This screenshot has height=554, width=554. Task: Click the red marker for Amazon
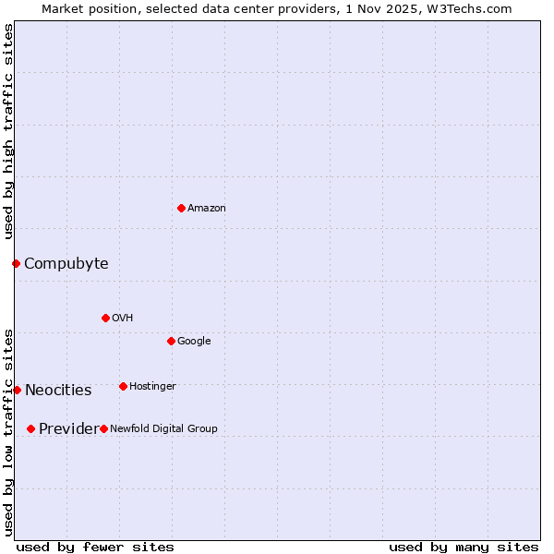point(181,208)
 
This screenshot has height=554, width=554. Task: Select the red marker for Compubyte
point(16,263)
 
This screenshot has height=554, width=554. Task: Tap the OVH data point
point(105,318)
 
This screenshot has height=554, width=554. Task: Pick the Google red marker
point(171,341)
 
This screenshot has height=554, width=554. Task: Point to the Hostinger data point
point(123,386)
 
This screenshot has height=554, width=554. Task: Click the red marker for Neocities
point(17,390)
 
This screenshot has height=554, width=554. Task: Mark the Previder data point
point(30,428)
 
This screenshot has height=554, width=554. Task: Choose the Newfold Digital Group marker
point(103,428)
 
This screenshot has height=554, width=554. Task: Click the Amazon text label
point(207,209)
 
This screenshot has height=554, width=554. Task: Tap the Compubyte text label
point(66,264)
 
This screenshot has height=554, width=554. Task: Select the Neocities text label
point(58,391)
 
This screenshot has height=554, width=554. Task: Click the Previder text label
point(67,429)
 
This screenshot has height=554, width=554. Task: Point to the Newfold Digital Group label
point(163,428)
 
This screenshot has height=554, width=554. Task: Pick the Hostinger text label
point(152,386)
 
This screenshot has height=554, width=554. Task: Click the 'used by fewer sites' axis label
point(95,547)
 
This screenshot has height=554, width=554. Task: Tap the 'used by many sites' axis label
point(464,547)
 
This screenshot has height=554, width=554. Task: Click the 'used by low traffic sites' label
point(8,431)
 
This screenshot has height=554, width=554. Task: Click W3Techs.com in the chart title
point(476,8)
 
